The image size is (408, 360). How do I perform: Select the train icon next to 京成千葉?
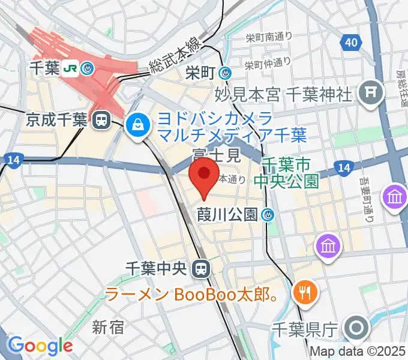click(x=101, y=120)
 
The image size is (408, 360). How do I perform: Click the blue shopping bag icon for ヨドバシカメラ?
click(x=138, y=125)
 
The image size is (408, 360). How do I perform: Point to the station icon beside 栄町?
click(x=226, y=73)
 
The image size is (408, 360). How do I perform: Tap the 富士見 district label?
click(x=216, y=156)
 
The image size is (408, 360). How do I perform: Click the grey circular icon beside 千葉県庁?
click(x=357, y=328)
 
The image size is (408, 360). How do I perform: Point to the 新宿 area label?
click(x=108, y=327)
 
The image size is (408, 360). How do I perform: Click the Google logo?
click(x=40, y=346)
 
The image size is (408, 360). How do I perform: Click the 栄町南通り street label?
click(x=269, y=37)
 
